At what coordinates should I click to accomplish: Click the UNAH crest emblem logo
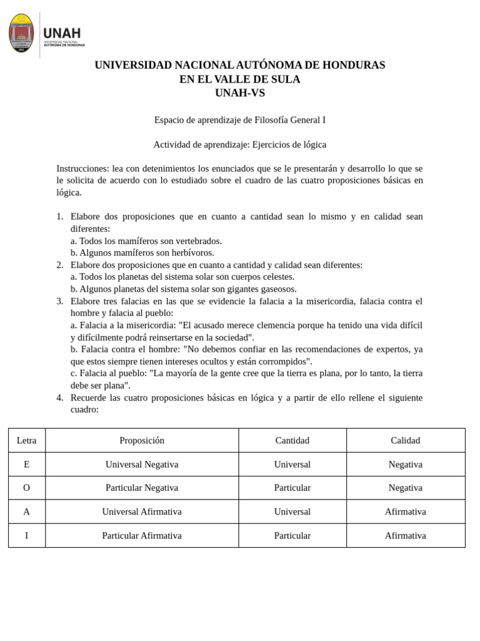tap(21, 33)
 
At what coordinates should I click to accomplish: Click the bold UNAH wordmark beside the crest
tap(62, 33)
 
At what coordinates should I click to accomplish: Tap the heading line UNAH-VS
tap(239, 93)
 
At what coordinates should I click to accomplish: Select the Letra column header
tap(26, 440)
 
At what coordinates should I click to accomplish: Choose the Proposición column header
tap(142, 440)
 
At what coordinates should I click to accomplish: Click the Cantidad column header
tap(292, 440)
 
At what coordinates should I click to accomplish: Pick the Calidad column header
tap(405, 440)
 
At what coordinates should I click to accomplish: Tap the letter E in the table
tap(26, 464)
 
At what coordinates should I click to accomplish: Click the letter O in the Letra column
tap(26, 488)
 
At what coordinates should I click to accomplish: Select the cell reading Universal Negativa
tap(142, 464)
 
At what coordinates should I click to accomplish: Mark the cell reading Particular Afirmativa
tap(142, 535)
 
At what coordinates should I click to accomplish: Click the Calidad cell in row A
tap(405, 511)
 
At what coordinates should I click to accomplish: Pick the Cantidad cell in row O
tap(292, 488)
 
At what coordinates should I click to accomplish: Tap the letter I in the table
tap(26, 535)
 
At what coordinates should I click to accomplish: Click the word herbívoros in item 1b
tap(190, 252)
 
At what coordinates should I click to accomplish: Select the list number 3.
tap(59, 301)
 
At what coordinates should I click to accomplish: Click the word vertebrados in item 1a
tap(198, 240)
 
